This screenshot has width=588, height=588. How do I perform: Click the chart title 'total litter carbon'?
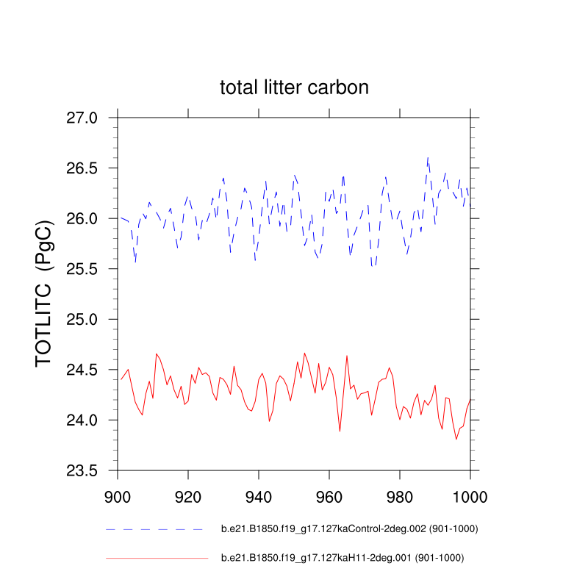[294, 87]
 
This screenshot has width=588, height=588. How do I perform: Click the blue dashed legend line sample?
[154, 529]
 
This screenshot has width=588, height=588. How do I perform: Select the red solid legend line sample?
[157, 559]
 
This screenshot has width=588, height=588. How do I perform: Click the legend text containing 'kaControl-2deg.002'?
[344, 529]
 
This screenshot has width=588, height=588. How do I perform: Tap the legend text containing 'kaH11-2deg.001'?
[343, 559]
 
